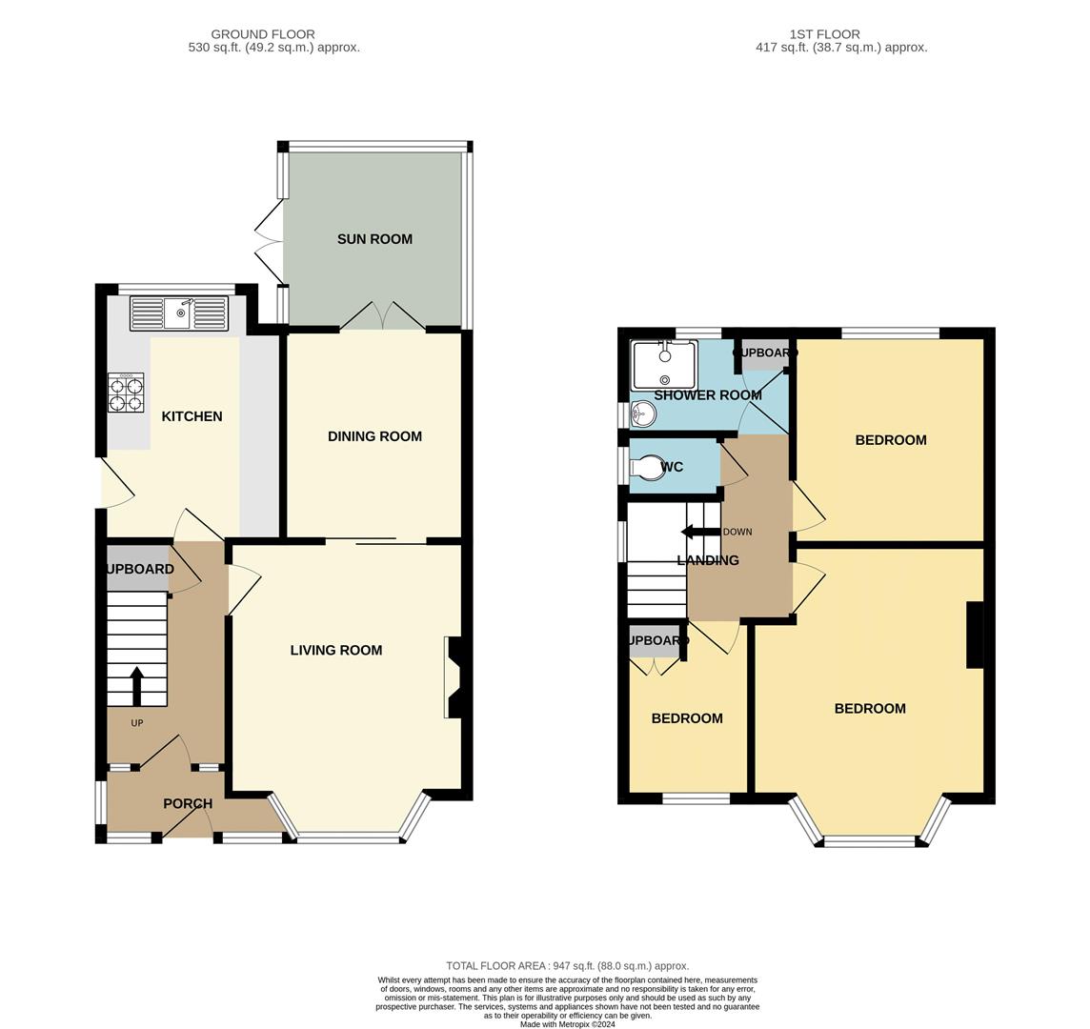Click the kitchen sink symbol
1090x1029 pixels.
click(x=179, y=313)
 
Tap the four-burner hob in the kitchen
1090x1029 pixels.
click(x=126, y=392)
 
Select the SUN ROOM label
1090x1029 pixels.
click(x=374, y=239)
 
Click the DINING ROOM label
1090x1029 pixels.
click(x=374, y=436)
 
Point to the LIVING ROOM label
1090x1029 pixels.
click(x=336, y=650)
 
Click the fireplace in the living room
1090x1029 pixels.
click(x=453, y=676)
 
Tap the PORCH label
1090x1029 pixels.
click(x=188, y=803)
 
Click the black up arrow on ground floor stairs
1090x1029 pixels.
click(x=136, y=684)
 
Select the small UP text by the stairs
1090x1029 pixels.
click(x=137, y=723)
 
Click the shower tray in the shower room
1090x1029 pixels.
click(x=663, y=365)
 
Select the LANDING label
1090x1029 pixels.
click(x=708, y=560)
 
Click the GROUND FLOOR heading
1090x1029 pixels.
click(x=263, y=34)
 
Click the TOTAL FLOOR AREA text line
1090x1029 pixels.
click(x=568, y=965)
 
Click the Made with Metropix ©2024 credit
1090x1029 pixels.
click(x=568, y=1024)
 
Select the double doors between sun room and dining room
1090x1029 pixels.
click(x=383, y=316)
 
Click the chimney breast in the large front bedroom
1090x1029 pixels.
click(x=974, y=635)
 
